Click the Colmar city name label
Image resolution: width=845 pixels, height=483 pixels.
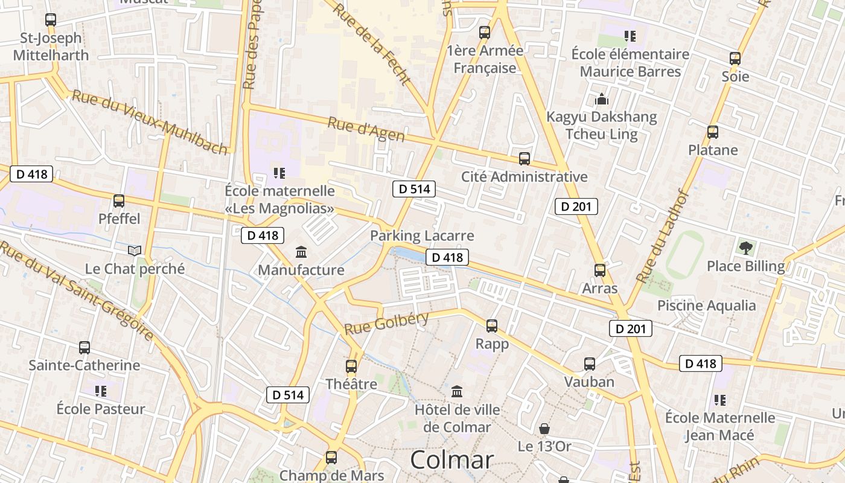coord(452,460)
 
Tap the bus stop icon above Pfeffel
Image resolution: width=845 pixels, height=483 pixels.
coord(119,201)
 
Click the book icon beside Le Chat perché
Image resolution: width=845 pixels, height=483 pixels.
coord(135,251)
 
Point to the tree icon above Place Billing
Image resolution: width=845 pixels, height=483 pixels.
coord(746,247)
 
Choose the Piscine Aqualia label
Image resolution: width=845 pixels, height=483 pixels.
coord(706,305)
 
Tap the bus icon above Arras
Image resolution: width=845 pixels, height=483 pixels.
coord(599,270)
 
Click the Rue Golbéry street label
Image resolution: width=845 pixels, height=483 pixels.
coord(386,324)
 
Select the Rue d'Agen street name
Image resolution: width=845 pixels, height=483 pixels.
coord(366,130)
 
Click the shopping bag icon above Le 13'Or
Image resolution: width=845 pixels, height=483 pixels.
coord(544,429)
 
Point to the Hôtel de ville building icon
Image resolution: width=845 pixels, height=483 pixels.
coord(457,391)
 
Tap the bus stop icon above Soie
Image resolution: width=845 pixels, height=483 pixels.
coord(735,59)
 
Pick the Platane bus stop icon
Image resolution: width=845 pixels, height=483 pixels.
coord(713,132)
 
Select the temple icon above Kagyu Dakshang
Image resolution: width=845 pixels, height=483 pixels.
coord(601,99)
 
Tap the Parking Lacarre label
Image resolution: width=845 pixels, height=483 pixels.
coord(422,235)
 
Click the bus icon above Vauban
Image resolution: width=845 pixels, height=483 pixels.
coord(590,363)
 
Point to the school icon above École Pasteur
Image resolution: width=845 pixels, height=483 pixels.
coord(101,391)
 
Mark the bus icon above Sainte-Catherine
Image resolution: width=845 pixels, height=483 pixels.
coord(84,348)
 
